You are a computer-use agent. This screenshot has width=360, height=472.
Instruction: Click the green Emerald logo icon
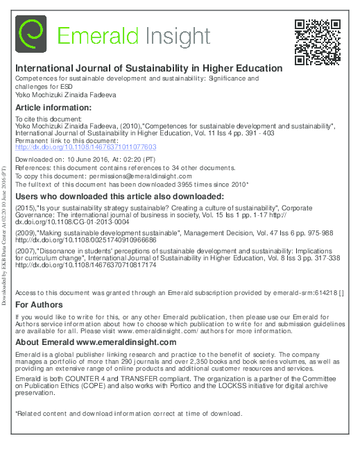tap(31, 35)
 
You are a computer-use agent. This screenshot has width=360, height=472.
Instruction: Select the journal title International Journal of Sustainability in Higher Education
tap(148, 69)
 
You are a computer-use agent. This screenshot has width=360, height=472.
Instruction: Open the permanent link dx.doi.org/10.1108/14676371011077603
tap(86, 147)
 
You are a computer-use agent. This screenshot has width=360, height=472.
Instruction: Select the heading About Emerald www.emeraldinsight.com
tap(96, 342)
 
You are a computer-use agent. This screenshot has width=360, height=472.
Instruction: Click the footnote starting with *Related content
tap(128, 414)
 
